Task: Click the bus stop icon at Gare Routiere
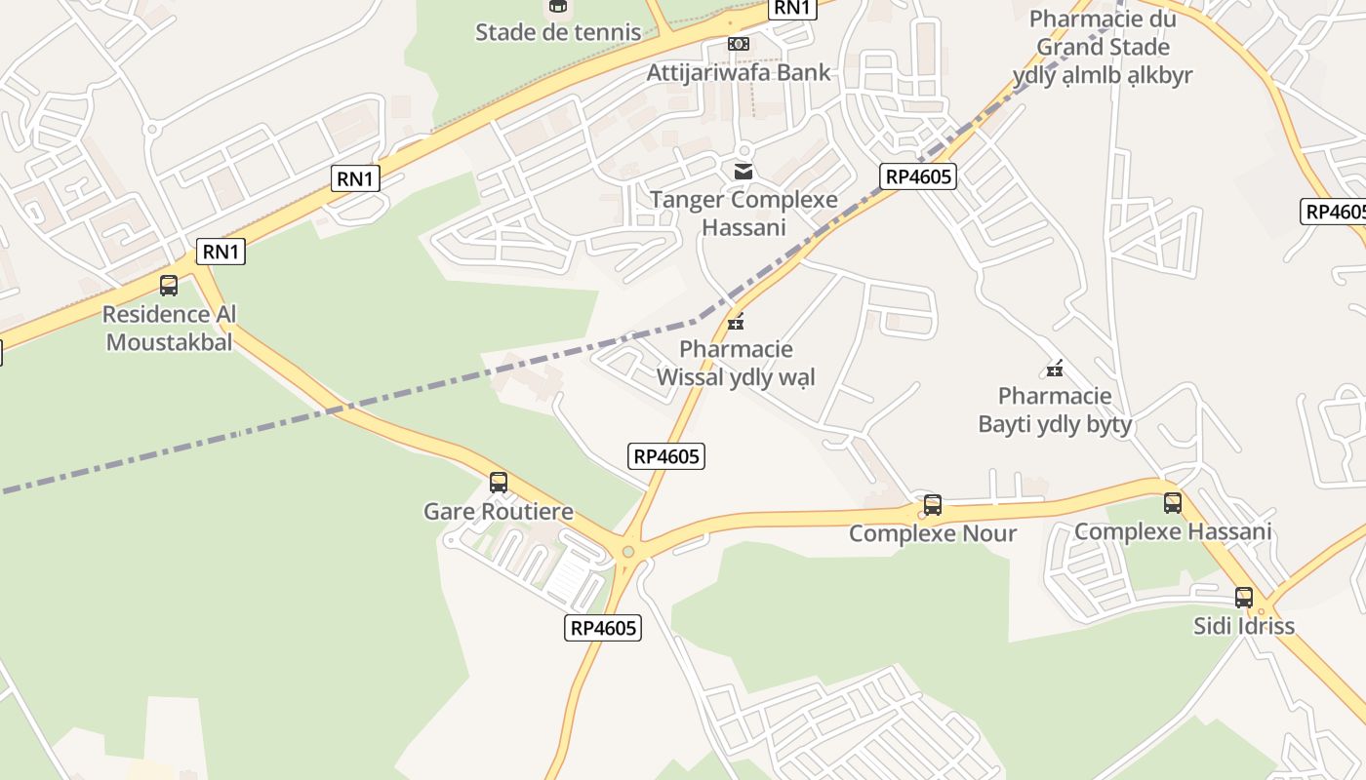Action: pyautogui.click(x=499, y=482)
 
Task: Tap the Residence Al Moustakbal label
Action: pyautogui.click(x=170, y=329)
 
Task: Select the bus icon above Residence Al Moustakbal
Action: pyautogui.click(x=169, y=286)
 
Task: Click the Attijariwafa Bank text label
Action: pyautogui.click(x=739, y=72)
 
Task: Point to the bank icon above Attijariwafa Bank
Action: pyautogui.click(x=739, y=44)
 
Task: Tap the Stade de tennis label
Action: pyautogui.click(x=558, y=32)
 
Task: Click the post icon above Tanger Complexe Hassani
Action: pyautogui.click(x=743, y=172)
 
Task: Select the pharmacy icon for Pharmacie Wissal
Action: pyautogui.click(x=736, y=321)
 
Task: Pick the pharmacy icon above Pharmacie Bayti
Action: pyautogui.click(x=1055, y=369)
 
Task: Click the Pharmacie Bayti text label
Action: pyautogui.click(x=1055, y=409)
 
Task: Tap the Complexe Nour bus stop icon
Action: pyautogui.click(x=933, y=505)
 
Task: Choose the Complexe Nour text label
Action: pyautogui.click(x=933, y=533)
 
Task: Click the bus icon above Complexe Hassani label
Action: pyautogui.click(x=1173, y=503)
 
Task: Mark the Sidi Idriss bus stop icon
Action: pyautogui.click(x=1244, y=598)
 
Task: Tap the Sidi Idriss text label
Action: pyautogui.click(x=1244, y=626)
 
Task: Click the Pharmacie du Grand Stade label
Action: pyautogui.click(x=1103, y=46)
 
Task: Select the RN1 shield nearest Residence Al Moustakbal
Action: pyautogui.click(x=221, y=252)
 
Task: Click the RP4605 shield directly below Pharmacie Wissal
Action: pyautogui.click(x=666, y=455)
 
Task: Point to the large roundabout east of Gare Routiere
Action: pyautogui.click(x=628, y=552)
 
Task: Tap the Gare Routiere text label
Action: pyautogui.click(x=499, y=512)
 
